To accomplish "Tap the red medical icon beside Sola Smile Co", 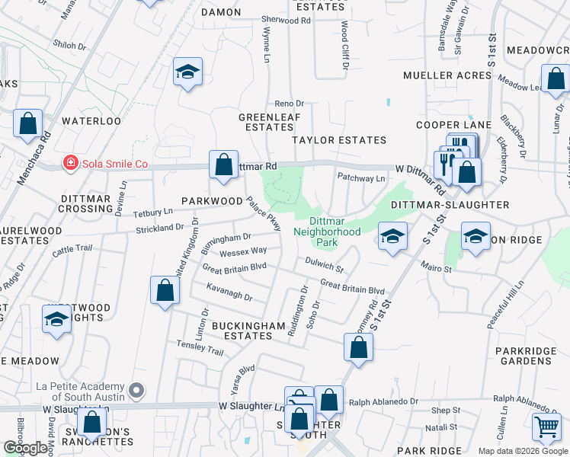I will pos(70,163).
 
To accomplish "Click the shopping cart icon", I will pos(546,428).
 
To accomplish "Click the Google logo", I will pos(27,447).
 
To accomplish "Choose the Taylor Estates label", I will pos(340,140).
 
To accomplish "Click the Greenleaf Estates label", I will pos(270,122).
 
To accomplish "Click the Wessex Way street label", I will pos(243,251).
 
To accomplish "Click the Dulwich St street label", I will pos(325,264).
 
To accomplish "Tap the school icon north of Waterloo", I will pos(187,72).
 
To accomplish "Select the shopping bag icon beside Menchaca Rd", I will pos(27,124).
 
